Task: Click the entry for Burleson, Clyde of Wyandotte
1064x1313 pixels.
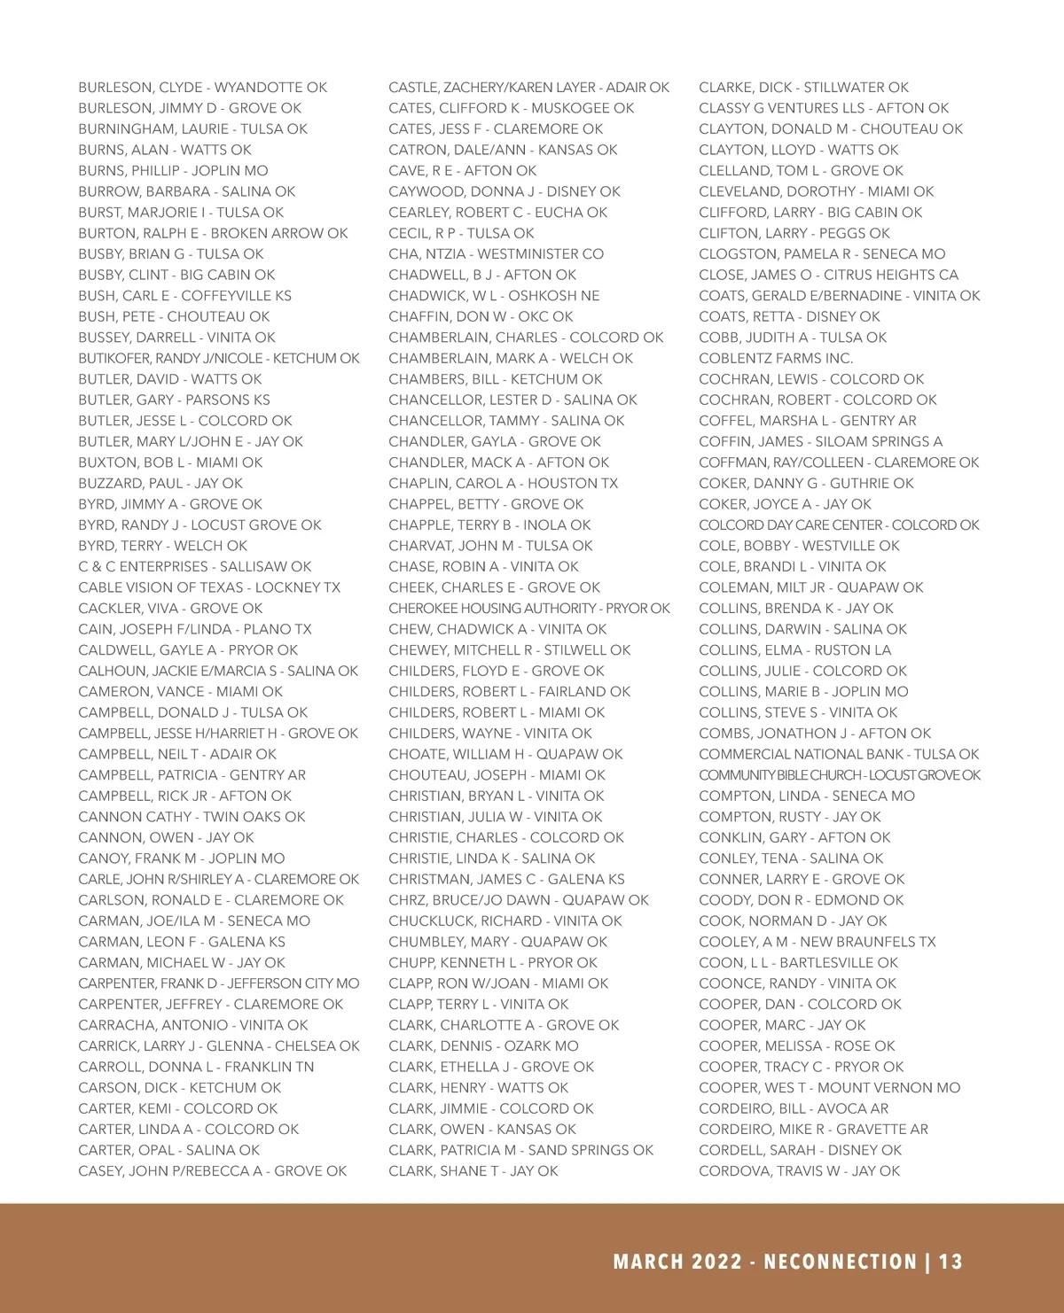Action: click(x=202, y=88)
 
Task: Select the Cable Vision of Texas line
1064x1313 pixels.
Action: click(x=209, y=587)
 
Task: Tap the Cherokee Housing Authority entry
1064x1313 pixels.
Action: click(x=529, y=609)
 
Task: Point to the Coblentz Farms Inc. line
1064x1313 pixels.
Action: click(x=776, y=359)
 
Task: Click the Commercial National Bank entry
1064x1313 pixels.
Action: click(x=839, y=755)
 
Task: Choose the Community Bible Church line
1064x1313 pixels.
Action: click(x=840, y=775)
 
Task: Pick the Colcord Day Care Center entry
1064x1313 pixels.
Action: click(x=839, y=525)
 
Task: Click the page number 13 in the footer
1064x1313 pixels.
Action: click(x=951, y=1262)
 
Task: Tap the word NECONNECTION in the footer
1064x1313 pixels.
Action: click(x=840, y=1262)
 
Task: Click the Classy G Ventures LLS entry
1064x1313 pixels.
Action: click(x=824, y=108)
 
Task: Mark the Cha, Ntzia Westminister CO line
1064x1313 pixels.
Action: click(x=496, y=254)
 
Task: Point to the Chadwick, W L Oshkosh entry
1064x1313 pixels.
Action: click(x=494, y=296)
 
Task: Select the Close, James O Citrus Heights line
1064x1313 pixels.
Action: click(x=828, y=275)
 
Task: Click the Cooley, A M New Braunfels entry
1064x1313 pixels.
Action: click(x=817, y=942)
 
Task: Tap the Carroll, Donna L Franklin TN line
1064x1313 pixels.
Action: click(x=196, y=1067)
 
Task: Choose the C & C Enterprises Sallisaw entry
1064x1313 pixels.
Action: click(x=195, y=567)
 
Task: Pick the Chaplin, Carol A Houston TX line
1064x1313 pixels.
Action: click(x=503, y=484)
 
